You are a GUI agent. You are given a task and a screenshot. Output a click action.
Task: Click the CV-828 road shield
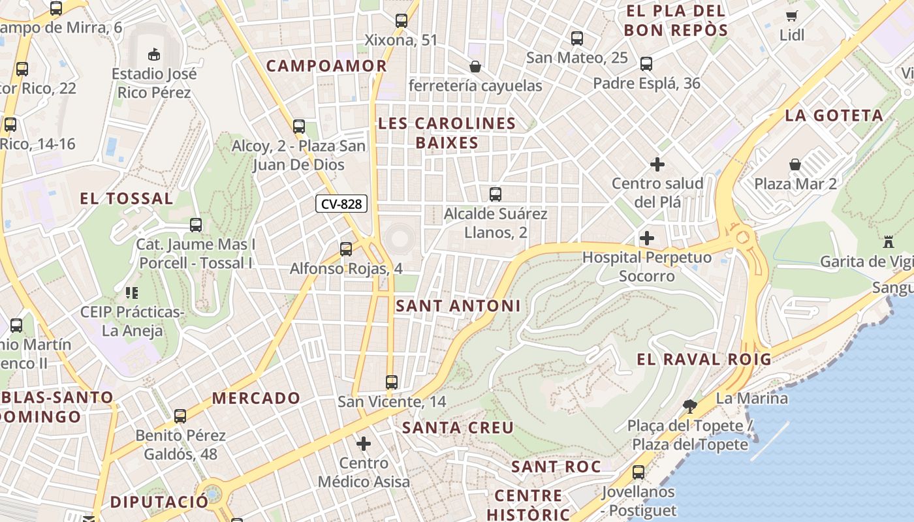[341, 204]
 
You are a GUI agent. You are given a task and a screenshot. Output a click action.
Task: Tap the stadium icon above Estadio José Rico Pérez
[154, 54]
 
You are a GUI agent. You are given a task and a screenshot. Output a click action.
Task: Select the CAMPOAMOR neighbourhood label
[326, 66]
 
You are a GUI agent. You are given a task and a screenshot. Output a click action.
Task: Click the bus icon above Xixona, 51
[402, 21]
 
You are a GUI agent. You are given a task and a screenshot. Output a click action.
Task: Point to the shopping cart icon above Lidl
[792, 16]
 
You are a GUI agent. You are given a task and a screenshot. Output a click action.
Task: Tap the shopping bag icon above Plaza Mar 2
[795, 164]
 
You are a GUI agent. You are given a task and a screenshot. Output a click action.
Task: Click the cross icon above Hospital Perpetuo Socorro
[647, 238]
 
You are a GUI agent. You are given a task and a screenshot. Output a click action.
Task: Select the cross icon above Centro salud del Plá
[657, 164]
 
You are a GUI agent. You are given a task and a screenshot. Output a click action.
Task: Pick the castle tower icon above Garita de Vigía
[888, 242]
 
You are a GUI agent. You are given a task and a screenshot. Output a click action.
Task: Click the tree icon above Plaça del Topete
[689, 407]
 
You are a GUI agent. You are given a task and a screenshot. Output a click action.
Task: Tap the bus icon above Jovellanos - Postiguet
[638, 472]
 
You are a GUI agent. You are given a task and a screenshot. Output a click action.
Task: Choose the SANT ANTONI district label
[458, 305]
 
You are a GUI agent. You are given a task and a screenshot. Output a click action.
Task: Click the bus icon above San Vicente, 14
[392, 382]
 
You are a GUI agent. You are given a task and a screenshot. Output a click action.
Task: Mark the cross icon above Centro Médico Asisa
[364, 444]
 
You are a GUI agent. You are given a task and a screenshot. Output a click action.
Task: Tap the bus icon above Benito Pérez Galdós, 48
[180, 416]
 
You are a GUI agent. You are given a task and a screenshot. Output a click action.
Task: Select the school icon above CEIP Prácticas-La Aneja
[131, 293]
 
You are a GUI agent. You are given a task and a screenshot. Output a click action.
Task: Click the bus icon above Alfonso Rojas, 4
[346, 249]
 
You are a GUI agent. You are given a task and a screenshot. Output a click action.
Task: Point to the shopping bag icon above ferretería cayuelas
[475, 67]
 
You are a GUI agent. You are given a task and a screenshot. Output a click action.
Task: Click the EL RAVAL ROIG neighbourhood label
[704, 359]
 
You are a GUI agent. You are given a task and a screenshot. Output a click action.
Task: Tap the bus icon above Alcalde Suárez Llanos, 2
[496, 194]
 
